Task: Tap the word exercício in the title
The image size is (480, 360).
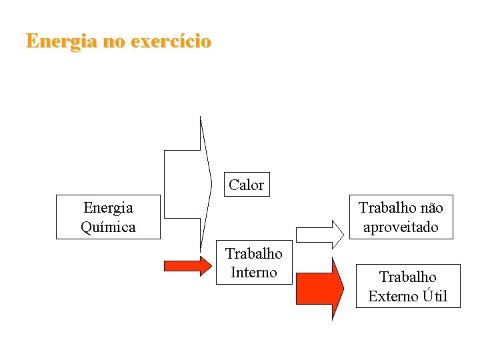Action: tap(171, 41)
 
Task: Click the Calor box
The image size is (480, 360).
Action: tap(246, 185)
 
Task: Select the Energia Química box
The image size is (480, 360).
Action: tap(108, 217)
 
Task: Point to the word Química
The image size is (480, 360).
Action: tap(108, 227)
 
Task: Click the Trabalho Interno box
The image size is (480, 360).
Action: tap(254, 263)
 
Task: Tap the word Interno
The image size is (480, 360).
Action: tap(254, 272)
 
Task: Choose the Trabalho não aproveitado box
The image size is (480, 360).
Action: tap(401, 217)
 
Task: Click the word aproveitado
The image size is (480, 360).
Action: tap(401, 227)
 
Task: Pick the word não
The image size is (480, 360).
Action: tap(429, 208)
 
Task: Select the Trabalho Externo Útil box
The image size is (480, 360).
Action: tap(407, 286)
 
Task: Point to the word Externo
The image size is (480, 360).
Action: tap(393, 296)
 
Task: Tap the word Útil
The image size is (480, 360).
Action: tap(435, 296)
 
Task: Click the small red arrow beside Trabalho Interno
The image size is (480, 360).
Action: tap(186, 265)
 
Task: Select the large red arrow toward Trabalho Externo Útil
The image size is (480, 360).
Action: tap(319, 289)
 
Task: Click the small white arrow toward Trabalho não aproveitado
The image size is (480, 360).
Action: tap(319, 234)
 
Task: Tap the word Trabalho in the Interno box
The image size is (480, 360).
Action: tap(254, 253)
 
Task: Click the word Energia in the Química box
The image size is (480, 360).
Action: tap(108, 208)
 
